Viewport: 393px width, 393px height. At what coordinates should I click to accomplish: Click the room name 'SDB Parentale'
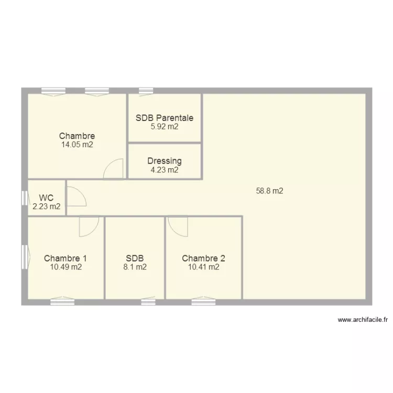165,118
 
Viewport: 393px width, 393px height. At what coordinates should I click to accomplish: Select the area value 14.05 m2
77,145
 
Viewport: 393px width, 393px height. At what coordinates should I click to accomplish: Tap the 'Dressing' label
165,161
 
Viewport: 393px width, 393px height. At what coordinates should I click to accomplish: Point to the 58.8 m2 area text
269,191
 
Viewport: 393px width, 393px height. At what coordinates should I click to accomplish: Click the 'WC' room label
46,198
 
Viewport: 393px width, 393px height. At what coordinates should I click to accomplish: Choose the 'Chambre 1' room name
65,258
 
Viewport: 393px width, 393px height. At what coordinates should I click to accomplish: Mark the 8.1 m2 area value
135,267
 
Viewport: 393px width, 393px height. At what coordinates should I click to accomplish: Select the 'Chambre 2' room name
204,258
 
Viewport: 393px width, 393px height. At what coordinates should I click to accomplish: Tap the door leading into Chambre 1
89,226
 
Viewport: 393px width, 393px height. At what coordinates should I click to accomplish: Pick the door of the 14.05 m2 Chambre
114,169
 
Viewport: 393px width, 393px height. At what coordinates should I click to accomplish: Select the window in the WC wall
24,198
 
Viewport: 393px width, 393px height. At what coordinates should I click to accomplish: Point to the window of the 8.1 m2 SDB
148,302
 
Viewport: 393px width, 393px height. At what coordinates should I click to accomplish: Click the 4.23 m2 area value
165,170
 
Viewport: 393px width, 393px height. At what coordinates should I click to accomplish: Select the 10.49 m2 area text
65,267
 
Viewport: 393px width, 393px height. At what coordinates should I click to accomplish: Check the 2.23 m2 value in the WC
46,206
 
